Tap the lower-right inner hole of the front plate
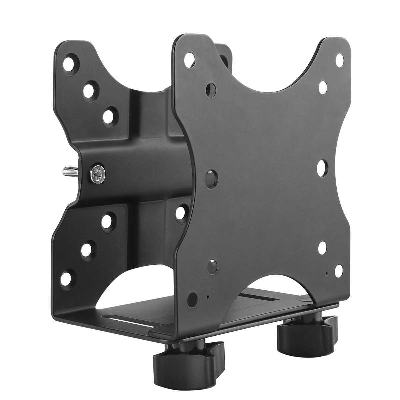[x=322, y=248]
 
